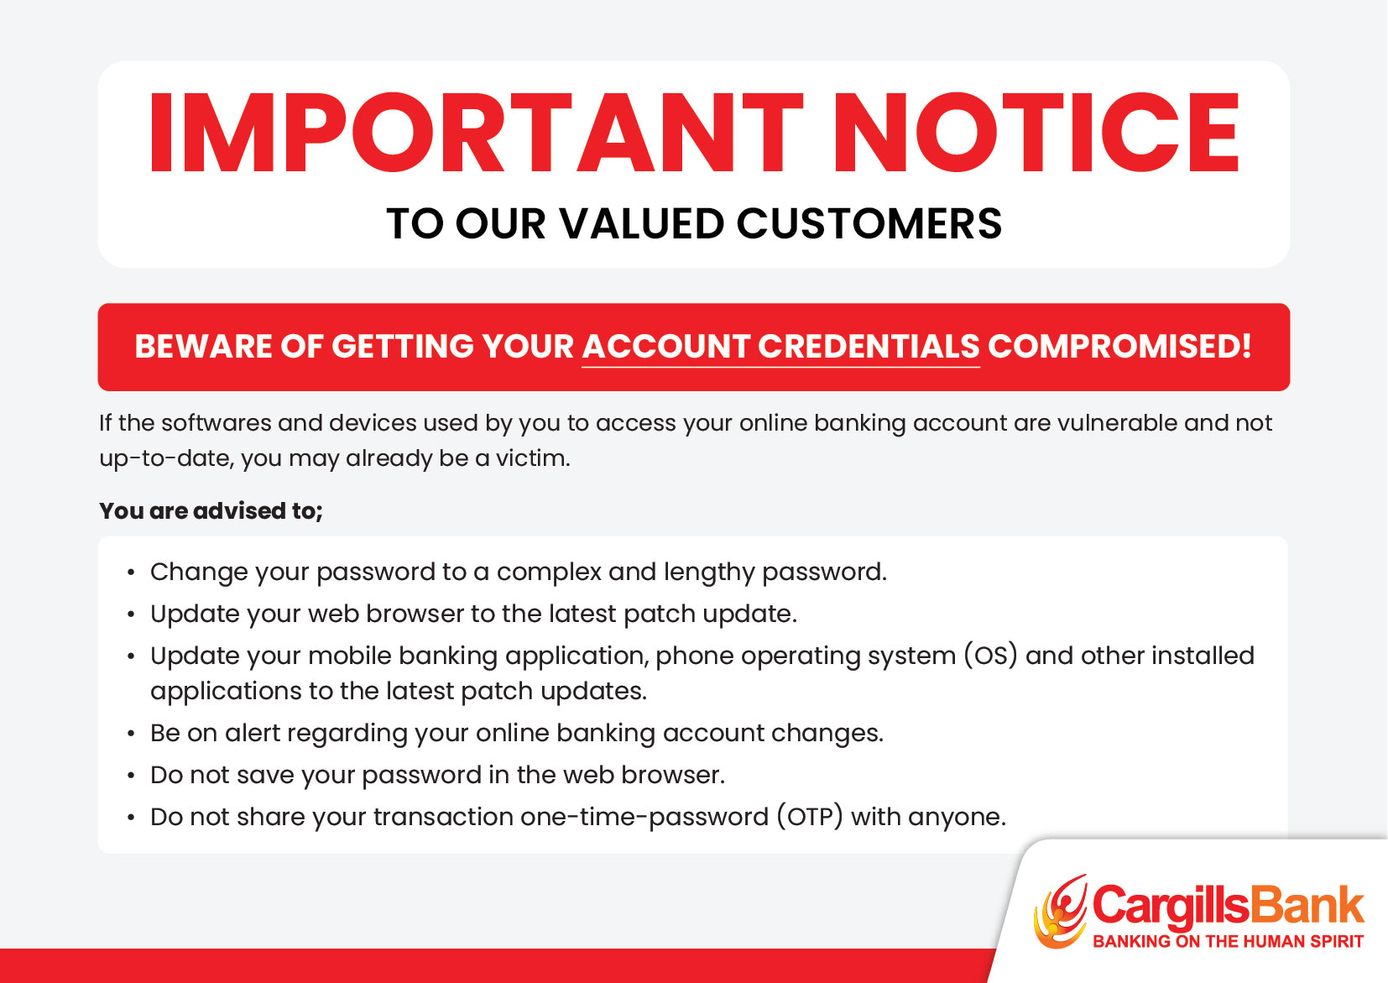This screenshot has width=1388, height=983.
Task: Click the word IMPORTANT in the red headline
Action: [x=476, y=133]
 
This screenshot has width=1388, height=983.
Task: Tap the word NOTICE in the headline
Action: [x=1037, y=133]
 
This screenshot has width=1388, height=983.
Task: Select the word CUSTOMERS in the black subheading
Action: [x=869, y=223]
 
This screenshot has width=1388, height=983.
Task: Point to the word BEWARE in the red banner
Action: [x=203, y=346]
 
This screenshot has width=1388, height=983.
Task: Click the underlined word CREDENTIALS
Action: [x=869, y=346]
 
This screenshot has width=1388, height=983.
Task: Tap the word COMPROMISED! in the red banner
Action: [x=1119, y=346]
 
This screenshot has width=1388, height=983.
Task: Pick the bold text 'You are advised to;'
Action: [x=211, y=510]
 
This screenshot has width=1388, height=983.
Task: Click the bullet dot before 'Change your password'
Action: [x=131, y=573]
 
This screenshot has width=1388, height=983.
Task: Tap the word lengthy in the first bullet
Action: [x=709, y=572]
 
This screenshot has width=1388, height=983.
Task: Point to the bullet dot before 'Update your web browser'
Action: [x=131, y=614]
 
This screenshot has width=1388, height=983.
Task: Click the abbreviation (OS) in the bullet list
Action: [x=991, y=656]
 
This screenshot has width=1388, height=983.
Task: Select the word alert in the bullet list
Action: [x=253, y=733]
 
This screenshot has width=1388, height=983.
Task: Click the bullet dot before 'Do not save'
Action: [x=131, y=776]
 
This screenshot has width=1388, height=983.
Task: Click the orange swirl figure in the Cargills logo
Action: [x=1060, y=911]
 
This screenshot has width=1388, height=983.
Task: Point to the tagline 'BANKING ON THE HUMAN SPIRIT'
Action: [x=1228, y=942]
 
